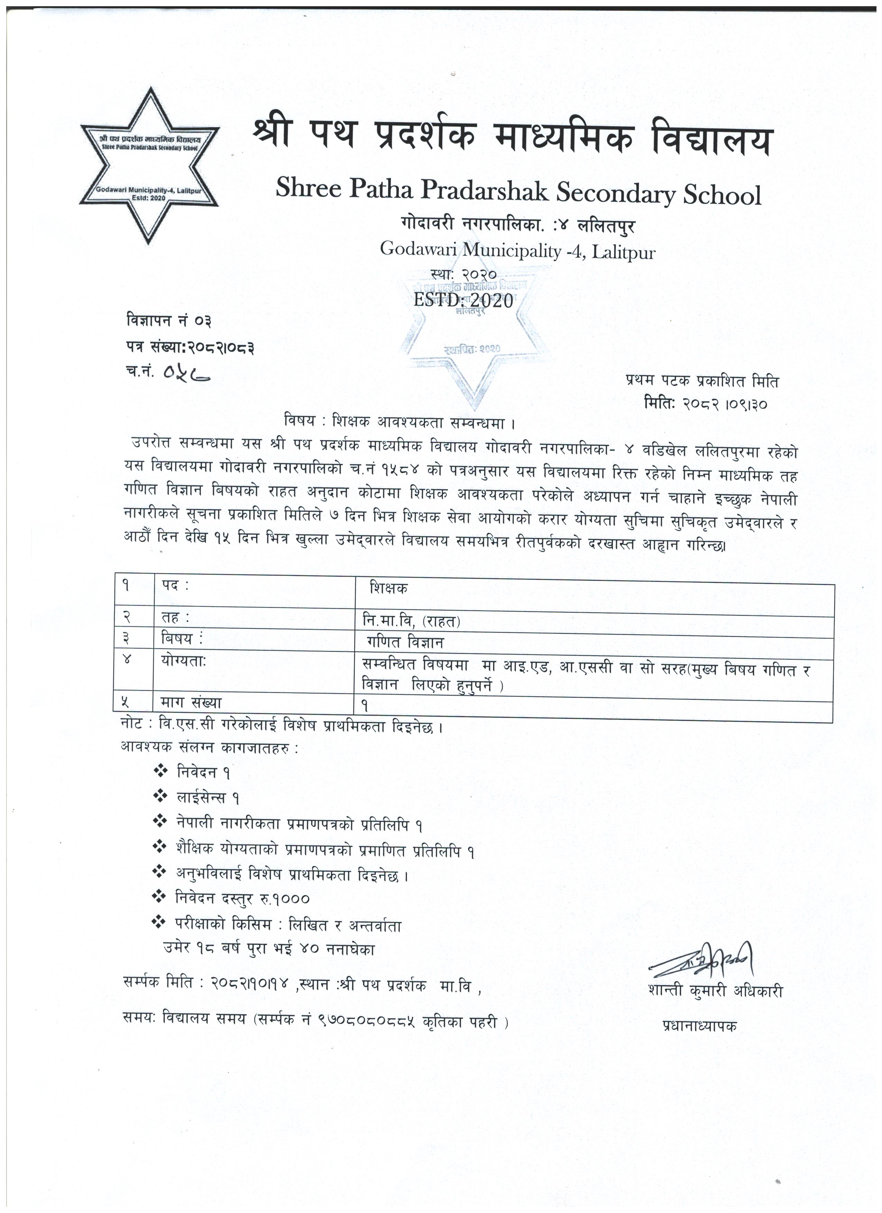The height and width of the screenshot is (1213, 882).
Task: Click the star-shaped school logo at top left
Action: coord(150,166)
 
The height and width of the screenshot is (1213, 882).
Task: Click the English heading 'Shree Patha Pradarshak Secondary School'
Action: coord(518,193)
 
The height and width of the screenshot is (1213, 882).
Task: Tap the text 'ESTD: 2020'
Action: coord(463,300)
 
